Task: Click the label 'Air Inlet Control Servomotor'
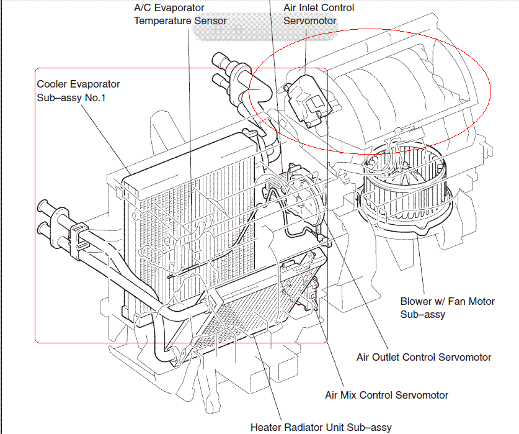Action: (x=319, y=14)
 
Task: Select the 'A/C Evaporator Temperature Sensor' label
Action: (x=180, y=14)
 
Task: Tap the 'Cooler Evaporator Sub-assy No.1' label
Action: (x=78, y=91)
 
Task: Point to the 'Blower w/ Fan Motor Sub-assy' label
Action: (x=447, y=308)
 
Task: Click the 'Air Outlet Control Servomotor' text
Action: (x=424, y=357)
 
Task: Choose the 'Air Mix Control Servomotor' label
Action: (x=386, y=395)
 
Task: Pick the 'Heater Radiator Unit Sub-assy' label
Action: (x=321, y=427)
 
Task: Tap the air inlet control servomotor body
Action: (x=306, y=99)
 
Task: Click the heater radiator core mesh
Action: (x=260, y=317)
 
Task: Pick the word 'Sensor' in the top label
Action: (x=210, y=20)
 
